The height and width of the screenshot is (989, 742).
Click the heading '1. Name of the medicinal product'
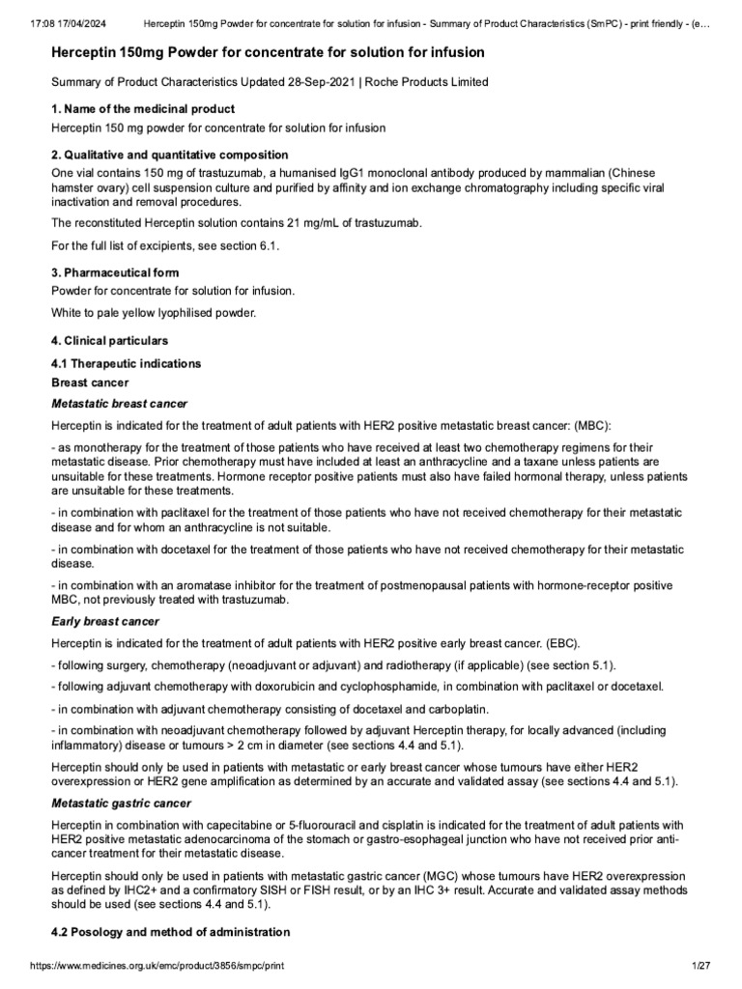(142, 109)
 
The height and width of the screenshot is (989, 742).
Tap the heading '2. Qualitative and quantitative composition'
(169, 155)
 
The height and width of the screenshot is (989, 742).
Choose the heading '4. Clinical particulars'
(109, 341)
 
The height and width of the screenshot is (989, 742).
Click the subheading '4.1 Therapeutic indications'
(126, 364)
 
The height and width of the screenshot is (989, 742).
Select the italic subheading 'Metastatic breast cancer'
(119, 403)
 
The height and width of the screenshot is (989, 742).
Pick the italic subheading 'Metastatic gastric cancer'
(121, 804)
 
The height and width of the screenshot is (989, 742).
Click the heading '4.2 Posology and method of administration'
(170, 932)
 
